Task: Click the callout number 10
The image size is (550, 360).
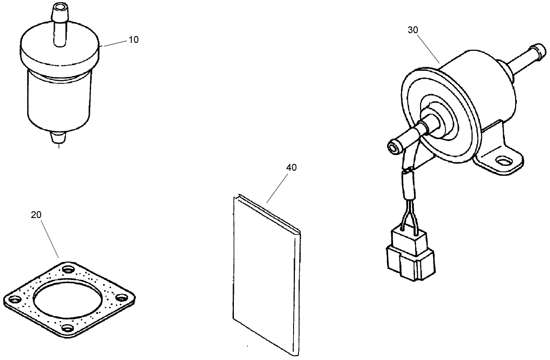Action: pyautogui.click(x=134, y=39)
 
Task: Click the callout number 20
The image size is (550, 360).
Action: pyautogui.click(x=36, y=215)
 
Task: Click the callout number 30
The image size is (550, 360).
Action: pyautogui.click(x=413, y=30)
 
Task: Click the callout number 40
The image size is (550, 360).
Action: pyautogui.click(x=291, y=168)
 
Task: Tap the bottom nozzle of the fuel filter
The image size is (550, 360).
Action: pyautogui.click(x=58, y=138)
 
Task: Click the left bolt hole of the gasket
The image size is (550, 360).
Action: pyautogui.click(x=15, y=299)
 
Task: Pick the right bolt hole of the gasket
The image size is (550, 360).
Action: pyautogui.click(x=121, y=299)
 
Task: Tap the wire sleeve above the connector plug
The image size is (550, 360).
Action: pyautogui.click(x=408, y=185)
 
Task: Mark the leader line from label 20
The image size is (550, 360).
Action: pyautogui.click(x=50, y=239)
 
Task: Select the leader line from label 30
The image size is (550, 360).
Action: pyautogui.click(x=428, y=49)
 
